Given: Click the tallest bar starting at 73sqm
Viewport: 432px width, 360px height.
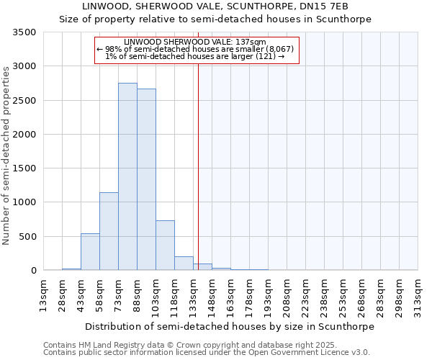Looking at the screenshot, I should [x=127, y=176].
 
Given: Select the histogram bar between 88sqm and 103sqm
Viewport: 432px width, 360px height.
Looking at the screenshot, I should [x=146, y=179].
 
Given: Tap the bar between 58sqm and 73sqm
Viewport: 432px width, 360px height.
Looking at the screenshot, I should [x=109, y=231].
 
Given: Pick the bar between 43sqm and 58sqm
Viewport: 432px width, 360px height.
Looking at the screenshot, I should [x=90, y=252].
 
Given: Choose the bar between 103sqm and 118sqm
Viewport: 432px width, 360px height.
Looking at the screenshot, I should [x=165, y=246].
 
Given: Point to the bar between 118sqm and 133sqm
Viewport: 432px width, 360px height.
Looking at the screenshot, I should [x=184, y=264].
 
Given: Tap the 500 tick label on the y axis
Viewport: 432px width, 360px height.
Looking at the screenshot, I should [x=30, y=237].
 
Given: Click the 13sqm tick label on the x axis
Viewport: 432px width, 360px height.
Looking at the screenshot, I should [x=43, y=295].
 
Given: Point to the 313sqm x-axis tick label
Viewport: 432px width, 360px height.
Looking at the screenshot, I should [x=418, y=295].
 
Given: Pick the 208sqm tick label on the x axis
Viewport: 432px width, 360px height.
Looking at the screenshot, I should [x=287, y=295].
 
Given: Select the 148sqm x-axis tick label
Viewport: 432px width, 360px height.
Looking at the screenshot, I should [x=212, y=295].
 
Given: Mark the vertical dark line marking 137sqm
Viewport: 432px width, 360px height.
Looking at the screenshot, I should [x=198, y=166].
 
